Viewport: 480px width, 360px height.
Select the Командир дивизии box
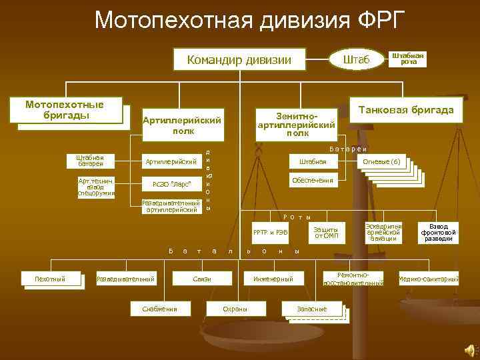[x=239, y=60]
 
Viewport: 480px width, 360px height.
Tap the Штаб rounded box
[x=356, y=60]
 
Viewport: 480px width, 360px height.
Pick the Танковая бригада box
[x=406, y=109]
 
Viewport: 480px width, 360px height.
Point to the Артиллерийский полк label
[x=182, y=125]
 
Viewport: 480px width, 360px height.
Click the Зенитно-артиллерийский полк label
[x=296, y=123]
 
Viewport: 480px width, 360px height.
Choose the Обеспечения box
[x=311, y=181]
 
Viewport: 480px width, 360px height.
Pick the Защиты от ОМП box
[x=327, y=231]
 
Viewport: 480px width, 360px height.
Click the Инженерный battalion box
[x=273, y=278]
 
